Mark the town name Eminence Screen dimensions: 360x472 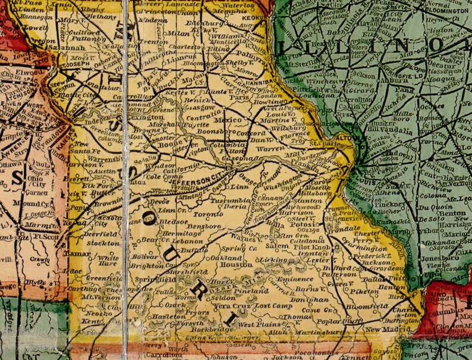pyautogui.click(x=296, y=278)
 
